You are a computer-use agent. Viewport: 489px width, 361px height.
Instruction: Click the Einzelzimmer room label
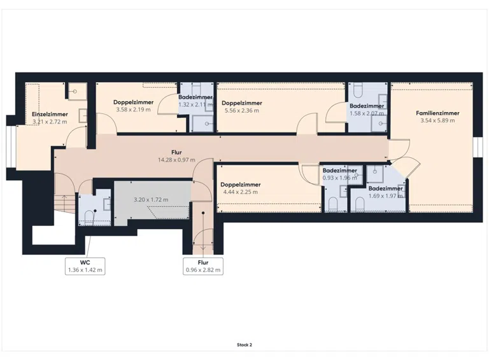coord(50,115)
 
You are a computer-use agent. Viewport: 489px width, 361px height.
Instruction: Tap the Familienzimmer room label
coord(437,113)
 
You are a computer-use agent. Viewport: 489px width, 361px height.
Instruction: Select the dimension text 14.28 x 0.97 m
coord(176,160)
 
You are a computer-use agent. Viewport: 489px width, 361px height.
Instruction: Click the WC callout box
coord(85,266)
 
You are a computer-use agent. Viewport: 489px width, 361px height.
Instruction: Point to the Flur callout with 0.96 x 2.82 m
coord(203,266)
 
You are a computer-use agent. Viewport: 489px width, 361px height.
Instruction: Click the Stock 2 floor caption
coord(244,345)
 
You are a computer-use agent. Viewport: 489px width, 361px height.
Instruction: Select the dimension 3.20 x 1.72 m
coord(151,200)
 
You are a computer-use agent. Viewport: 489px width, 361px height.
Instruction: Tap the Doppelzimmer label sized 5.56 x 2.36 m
coord(242,103)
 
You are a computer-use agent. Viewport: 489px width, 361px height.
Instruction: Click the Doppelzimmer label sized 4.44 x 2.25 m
coord(241,185)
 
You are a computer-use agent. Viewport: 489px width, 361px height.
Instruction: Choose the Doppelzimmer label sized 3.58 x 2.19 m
coord(134,103)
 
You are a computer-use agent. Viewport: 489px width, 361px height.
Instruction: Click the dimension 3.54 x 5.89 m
coord(437,120)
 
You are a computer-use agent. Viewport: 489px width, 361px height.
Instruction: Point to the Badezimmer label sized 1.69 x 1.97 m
coord(385,188)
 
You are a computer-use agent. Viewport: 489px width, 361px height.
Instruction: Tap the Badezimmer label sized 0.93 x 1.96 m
coord(339,171)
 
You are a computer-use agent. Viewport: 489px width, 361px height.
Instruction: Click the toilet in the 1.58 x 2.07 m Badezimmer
coord(358,90)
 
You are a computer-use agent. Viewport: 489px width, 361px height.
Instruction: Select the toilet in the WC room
coord(89,217)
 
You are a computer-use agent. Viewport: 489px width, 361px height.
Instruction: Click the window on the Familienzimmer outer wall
coord(477,147)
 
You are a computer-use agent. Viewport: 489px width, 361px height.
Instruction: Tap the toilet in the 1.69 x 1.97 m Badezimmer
coord(360,204)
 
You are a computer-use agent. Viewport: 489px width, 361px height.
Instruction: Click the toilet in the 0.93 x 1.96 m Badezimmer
coord(333,204)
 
